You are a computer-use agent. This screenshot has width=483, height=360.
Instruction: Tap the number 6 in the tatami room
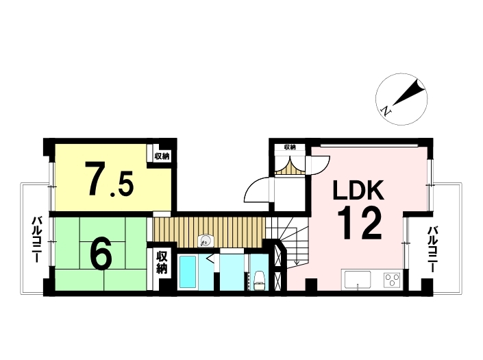(101, 254)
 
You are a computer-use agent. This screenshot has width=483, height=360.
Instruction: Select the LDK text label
(358, 190)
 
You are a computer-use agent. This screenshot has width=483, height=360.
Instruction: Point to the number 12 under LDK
(360, 223)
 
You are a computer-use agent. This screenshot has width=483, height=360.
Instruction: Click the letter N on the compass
(386, 110)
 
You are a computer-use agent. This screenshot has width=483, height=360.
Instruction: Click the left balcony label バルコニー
(37, 239)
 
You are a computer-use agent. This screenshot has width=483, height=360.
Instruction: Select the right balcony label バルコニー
(433, 249)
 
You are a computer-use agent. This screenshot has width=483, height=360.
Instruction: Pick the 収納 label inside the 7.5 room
(162, 156)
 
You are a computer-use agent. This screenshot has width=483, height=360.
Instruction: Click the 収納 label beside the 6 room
(162, 263)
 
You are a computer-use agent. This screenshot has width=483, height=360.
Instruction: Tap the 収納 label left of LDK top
(290, 147)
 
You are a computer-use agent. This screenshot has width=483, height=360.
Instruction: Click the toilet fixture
(259, 280)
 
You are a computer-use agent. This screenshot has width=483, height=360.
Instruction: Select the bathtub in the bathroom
(188, 272)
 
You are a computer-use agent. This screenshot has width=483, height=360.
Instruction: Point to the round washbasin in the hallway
(205, 241)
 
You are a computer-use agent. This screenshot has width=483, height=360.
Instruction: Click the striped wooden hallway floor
(210, 232)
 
